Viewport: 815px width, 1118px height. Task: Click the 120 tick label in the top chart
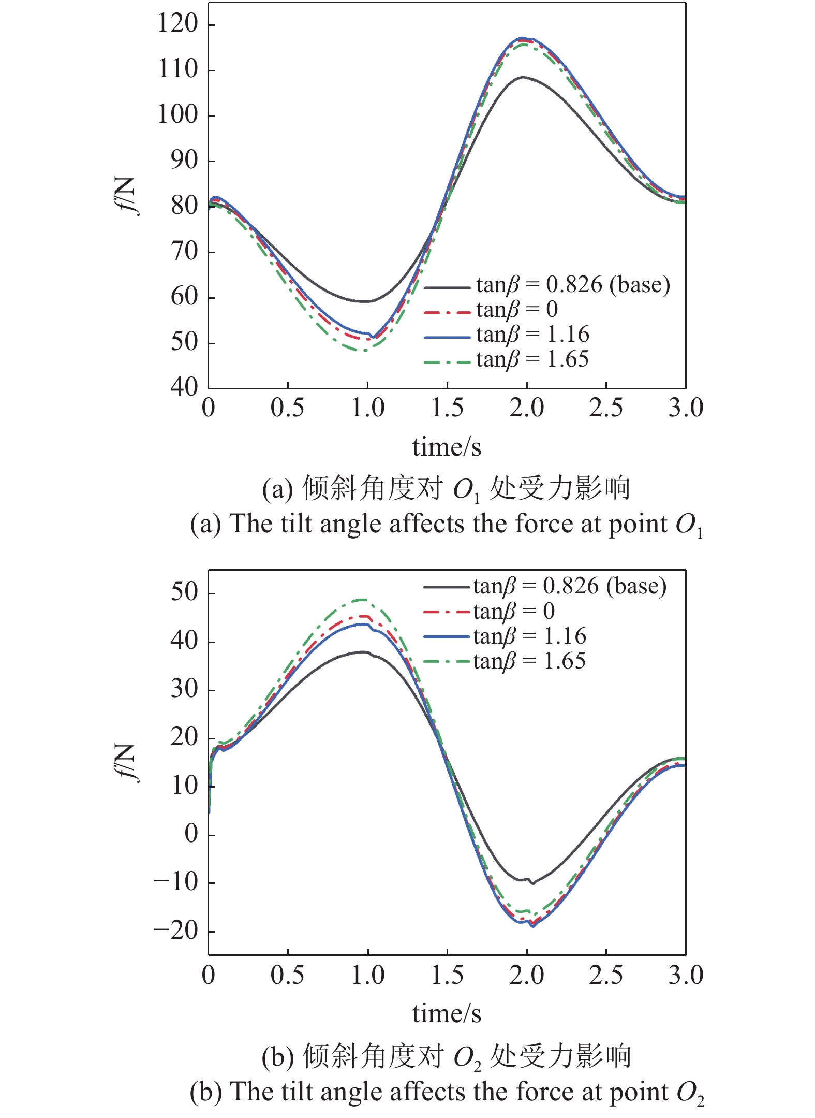pyautogui.click(x=177, y=24)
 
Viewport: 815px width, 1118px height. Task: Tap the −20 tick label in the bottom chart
pyautogui.click(x=176, y=931)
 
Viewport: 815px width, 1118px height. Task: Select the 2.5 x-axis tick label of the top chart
pyautogui.click(x=605, y=408)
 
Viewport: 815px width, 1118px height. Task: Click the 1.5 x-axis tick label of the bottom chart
pyautogui.click(x=447, y=975)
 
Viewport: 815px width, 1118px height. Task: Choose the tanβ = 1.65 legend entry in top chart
pyautogui.click(x=532, y=359)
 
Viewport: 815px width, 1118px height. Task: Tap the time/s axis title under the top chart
pyautogui.click(x=447, y=447)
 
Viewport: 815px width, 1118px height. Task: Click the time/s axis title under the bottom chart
pyautogui.click(x=447, y=1013)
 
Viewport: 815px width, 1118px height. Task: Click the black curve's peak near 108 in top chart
pyautogui.click(x=523, y=77)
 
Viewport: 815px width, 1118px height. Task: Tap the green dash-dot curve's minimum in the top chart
pyautogui.click(x=364, y=351)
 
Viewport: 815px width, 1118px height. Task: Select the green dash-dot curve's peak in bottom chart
pyautogui.click(x=362, y=600)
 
